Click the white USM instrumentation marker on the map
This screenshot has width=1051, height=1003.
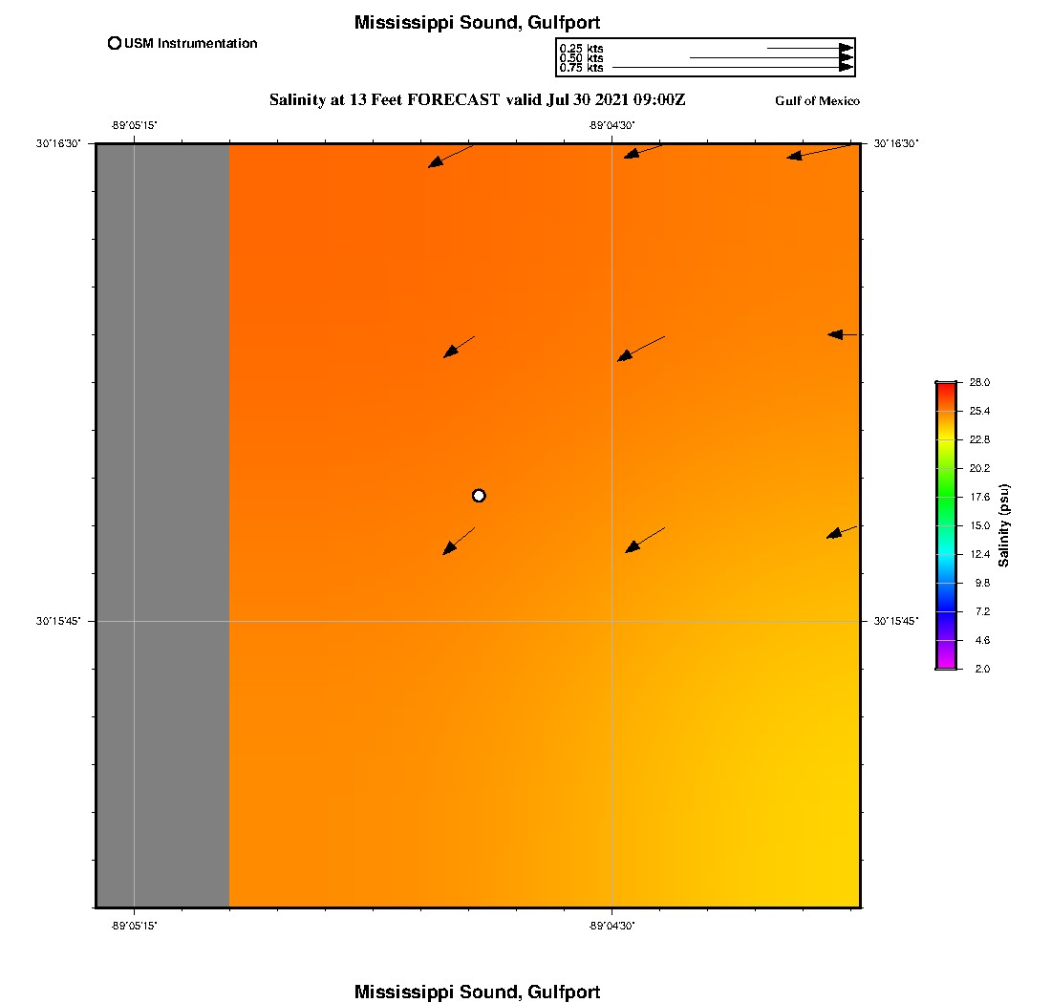[479, 495]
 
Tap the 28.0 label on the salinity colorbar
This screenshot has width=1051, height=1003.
[979, 382]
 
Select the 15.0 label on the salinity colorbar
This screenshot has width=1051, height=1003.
[979, 525]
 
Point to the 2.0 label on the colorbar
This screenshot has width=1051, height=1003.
[979, 669]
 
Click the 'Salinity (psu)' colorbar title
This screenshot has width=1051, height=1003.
[1004, 525]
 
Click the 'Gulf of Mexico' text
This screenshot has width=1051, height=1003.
[817, 101]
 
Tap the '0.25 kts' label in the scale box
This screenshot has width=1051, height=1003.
[581, 48]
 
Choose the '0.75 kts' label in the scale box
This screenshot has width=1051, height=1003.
[581, 68]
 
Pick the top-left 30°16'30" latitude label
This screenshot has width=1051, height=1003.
[60, 143]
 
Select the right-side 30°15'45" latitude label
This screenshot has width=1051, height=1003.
[896, 621]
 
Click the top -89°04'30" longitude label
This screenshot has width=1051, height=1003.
[611, 125]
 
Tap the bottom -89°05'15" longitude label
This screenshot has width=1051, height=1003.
[134, 925]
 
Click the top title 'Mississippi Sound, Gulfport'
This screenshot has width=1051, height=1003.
[477, 22]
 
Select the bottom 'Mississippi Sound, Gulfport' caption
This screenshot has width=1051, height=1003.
[477, 992]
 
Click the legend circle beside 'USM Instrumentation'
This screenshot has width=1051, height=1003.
[115, 43]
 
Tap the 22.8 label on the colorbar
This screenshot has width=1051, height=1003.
[979, 439]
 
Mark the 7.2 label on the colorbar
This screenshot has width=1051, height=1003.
[979, 611]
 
